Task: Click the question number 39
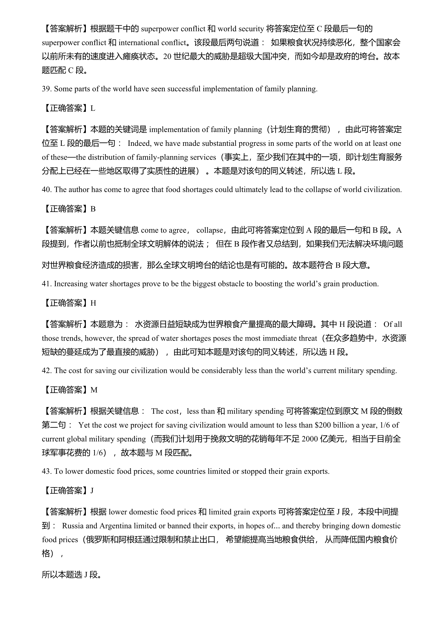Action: coord(46,89)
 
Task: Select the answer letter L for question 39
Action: coord(92,109)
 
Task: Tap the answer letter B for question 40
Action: coord(93,209)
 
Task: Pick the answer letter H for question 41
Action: coord(93,303)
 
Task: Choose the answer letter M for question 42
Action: coord(94,390)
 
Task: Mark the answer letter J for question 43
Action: coord(92,490)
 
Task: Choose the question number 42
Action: coord(46,371)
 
